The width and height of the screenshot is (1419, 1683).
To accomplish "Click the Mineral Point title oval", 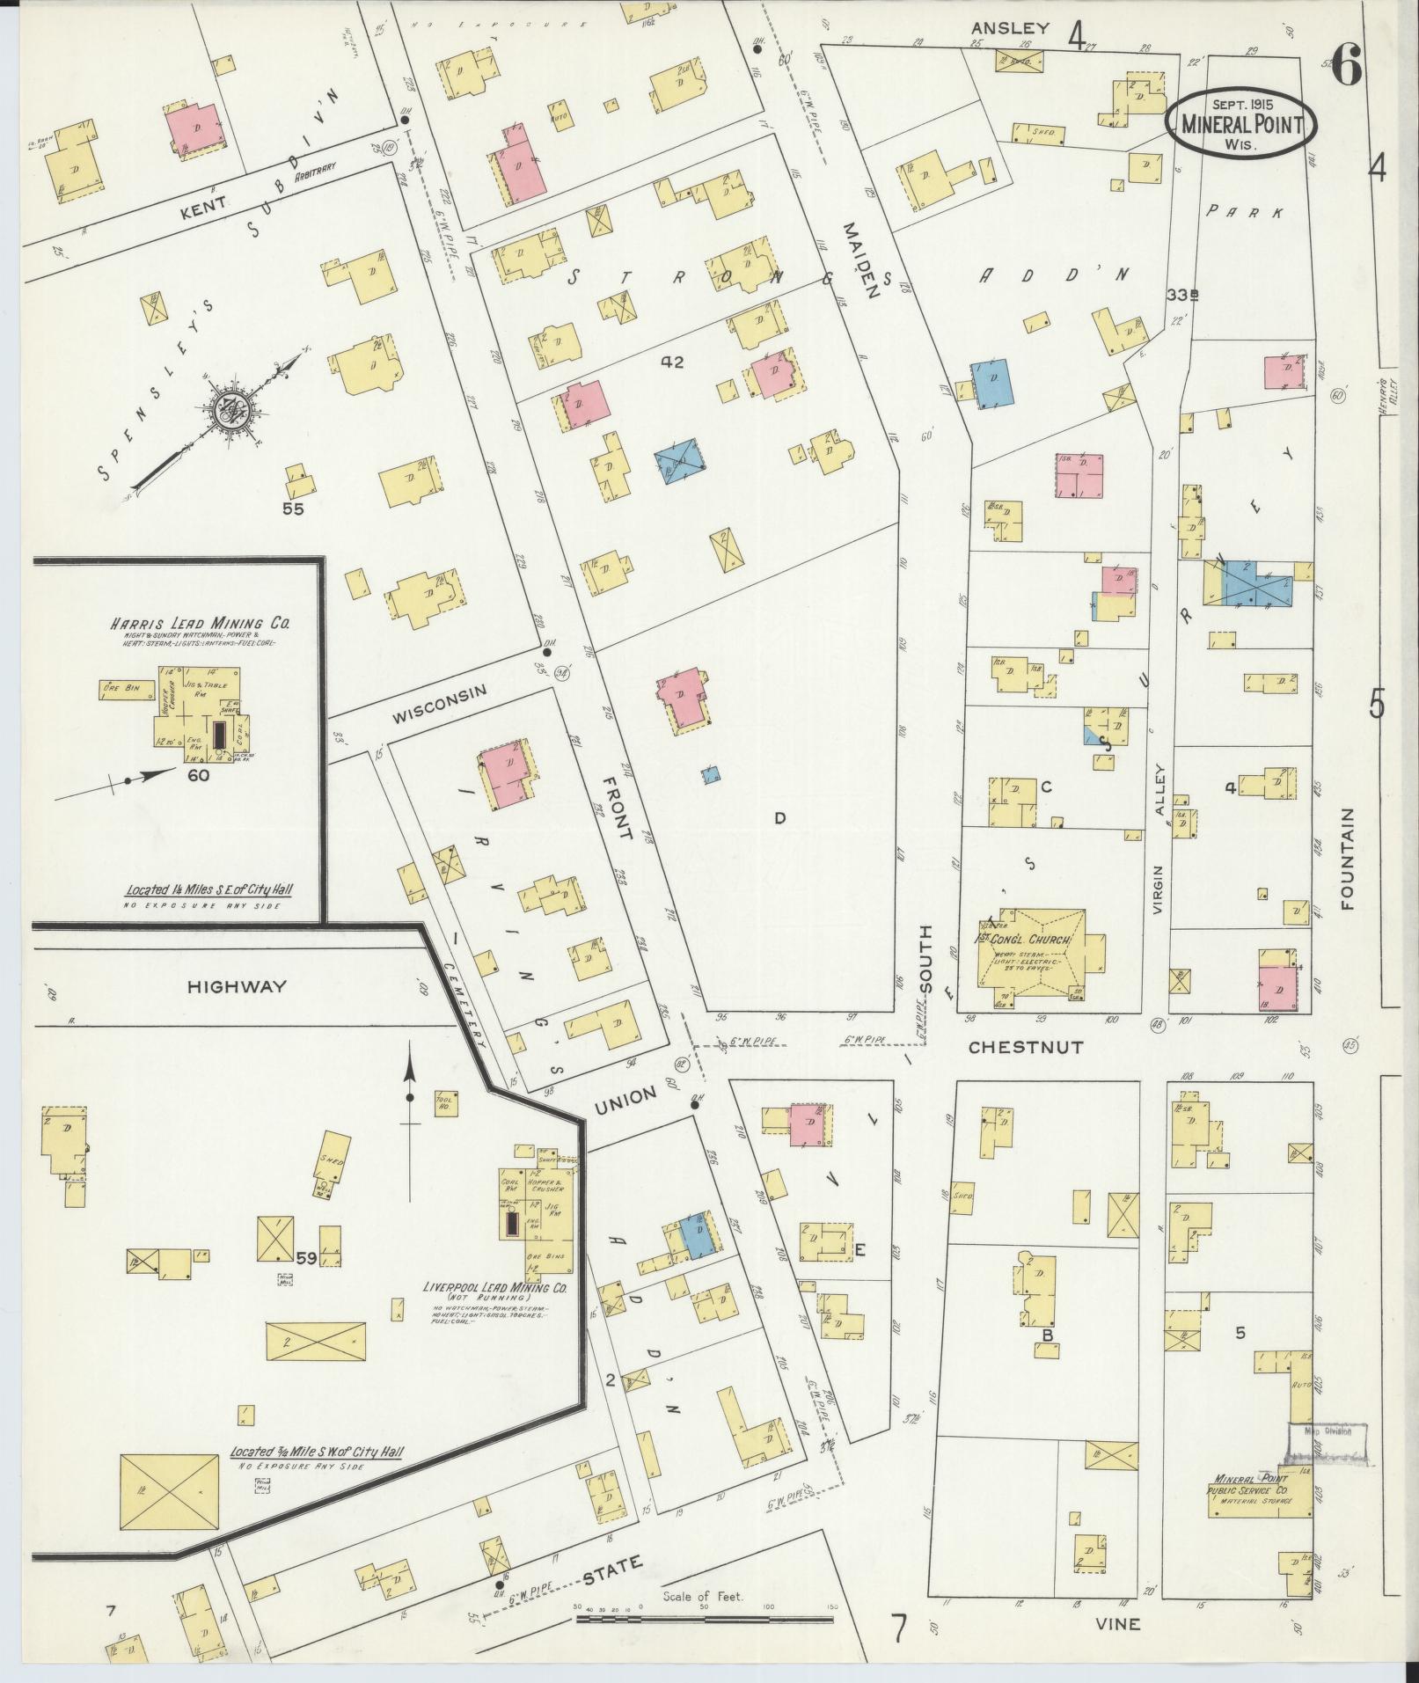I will [x=1241, y=124].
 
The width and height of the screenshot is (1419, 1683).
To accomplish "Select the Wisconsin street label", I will [x=439, y=692].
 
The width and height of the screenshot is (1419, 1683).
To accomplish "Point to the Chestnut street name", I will [x=1026, y=1048].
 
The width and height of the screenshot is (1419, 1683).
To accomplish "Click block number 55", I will [x=293, y=508].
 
